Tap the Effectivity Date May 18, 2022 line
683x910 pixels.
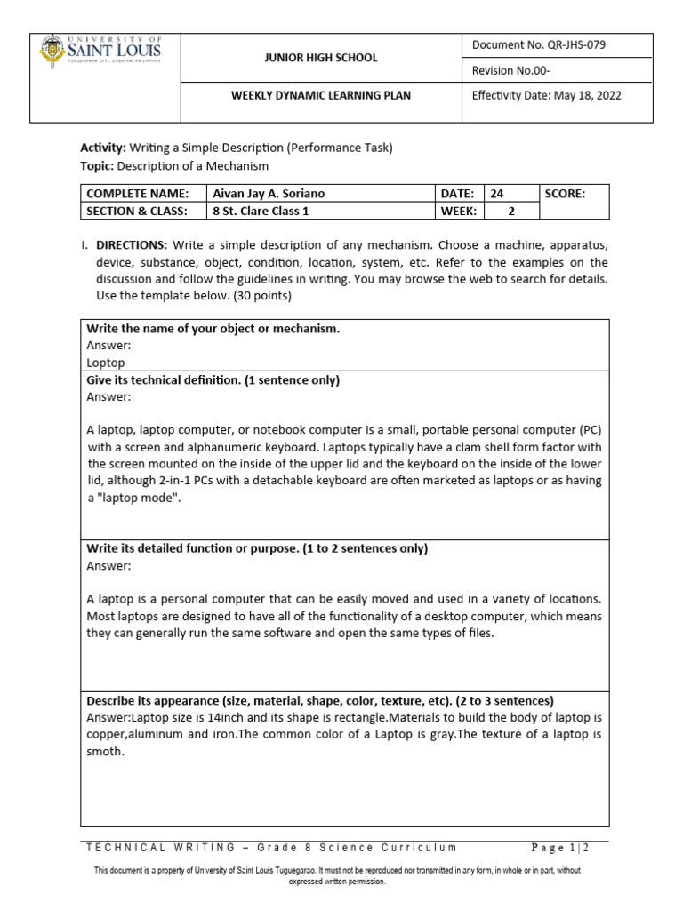coord(546,95)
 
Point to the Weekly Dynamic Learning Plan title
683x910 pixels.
coord(321,95)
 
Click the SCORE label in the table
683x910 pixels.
coord(565,194)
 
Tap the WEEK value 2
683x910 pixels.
coord(511,211)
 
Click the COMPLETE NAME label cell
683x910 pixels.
coord(137,194)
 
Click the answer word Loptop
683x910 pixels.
coord(106,363)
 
